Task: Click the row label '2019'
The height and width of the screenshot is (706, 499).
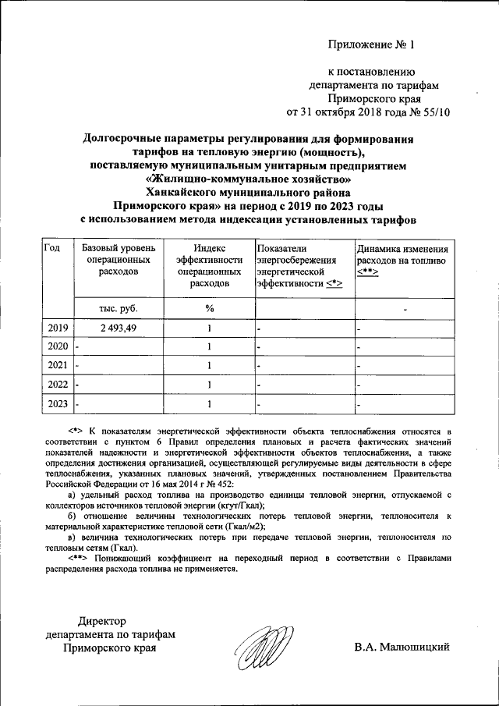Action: [58, 328]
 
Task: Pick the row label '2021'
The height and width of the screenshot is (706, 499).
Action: [58, 365]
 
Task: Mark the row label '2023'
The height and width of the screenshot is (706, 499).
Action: [58, 403]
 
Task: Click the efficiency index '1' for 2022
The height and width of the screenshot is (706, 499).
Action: [209, 384]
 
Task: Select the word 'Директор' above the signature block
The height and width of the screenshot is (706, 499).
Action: [101, 621]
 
